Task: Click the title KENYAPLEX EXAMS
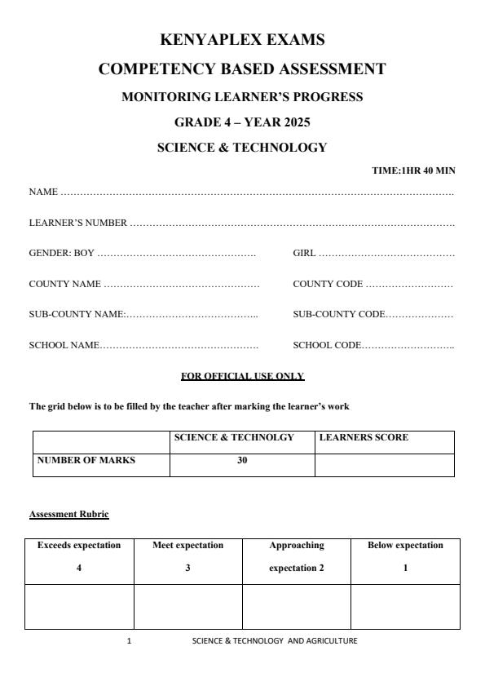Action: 242,39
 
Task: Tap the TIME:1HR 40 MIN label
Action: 413,170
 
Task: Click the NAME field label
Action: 43,192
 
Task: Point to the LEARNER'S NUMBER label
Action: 78,223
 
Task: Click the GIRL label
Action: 304,253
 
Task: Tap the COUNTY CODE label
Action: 328,284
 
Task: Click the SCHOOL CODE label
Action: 326,345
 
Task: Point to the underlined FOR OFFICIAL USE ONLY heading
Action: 242,376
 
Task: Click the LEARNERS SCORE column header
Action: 364,438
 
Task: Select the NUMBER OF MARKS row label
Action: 86,460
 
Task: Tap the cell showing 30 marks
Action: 242,460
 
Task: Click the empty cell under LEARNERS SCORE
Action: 384,464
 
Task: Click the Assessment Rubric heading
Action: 69,514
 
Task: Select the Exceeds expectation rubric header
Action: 79,545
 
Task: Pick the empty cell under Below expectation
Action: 405,606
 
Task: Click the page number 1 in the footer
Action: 129,640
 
